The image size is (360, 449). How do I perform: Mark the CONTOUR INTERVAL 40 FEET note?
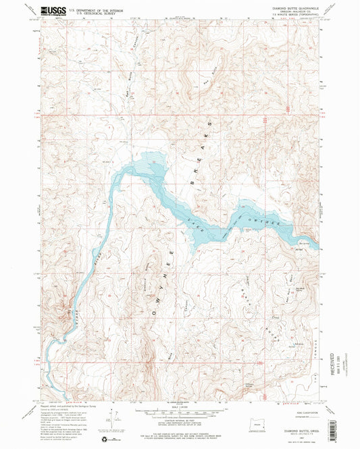(179, 420)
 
